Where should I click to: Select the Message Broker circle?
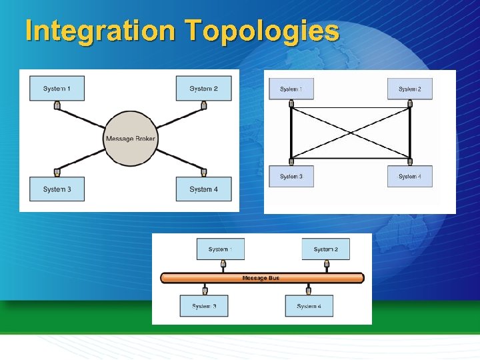coord(131,139)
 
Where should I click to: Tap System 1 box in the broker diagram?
coord(57,89)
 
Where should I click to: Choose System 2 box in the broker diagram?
coord(203,89)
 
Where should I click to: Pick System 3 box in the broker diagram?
coord(57,189)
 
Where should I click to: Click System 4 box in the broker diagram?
coord(203,189)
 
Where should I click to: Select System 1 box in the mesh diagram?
coord(291,89)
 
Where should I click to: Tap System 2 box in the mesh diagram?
coord(410,89)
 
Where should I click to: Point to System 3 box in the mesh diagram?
coord(291,176)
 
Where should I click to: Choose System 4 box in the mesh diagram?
coord(410,176)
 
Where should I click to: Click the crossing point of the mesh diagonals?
coord(351,133)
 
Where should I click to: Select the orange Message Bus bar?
coord(262,278)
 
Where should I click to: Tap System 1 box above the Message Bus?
coord(220,249)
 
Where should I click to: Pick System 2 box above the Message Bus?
coord(326,249)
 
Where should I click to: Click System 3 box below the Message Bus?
coord(204,306)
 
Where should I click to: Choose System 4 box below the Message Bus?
coord(309,306)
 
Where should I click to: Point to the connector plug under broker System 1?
coord(57,105)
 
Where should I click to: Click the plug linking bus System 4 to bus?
coord(309,290)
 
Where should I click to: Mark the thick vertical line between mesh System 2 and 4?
coord(410,133)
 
